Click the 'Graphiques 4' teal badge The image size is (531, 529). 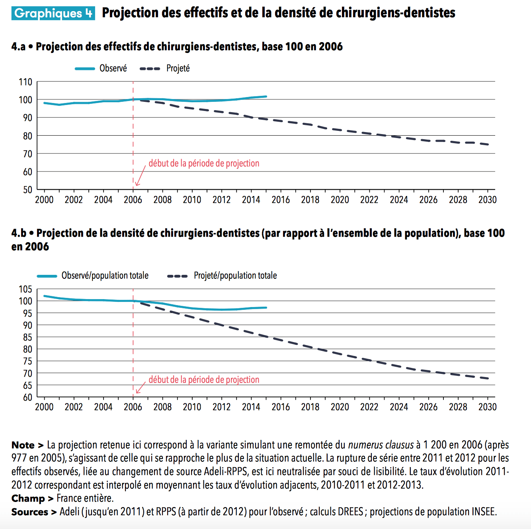pos(53,13)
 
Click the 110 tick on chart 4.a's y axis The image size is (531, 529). pos(25,82)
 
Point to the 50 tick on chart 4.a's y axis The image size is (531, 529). pos(27,190)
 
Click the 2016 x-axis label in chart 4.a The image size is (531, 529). pos(281,200)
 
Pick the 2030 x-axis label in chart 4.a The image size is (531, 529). pos(487,200)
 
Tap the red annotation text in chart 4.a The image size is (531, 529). pos(204,163)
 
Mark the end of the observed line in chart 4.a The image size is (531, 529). pos(266,96)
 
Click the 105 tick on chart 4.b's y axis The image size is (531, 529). pos(25,289)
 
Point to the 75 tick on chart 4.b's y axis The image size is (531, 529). pos(27,361)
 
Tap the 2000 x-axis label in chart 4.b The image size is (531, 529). pos(44,407)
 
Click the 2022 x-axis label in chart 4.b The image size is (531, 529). pos(369,407)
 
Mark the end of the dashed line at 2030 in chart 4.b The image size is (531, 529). pos(488,378)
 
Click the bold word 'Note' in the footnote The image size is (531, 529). pos(23,445)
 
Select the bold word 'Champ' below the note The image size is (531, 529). pos(28,498)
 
